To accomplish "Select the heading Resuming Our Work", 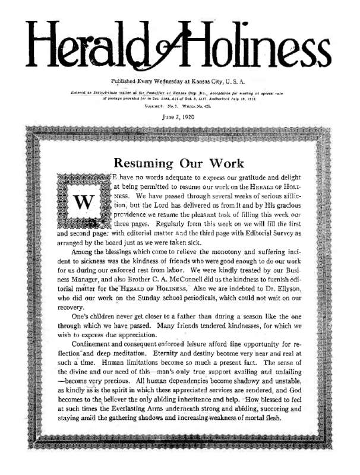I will (x=179, y=162).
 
